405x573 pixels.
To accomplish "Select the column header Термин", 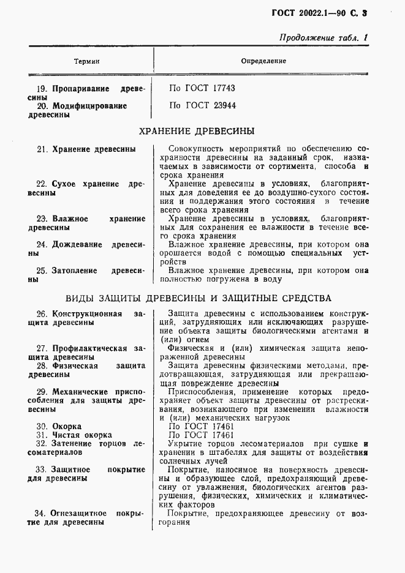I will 86,62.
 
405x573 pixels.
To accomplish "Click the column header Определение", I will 263,61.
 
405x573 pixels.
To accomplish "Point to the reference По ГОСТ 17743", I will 202,88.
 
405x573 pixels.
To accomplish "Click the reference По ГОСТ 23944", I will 202,105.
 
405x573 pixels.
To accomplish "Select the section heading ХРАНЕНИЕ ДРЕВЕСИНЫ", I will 197,131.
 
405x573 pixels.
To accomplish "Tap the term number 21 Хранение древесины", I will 86,149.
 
